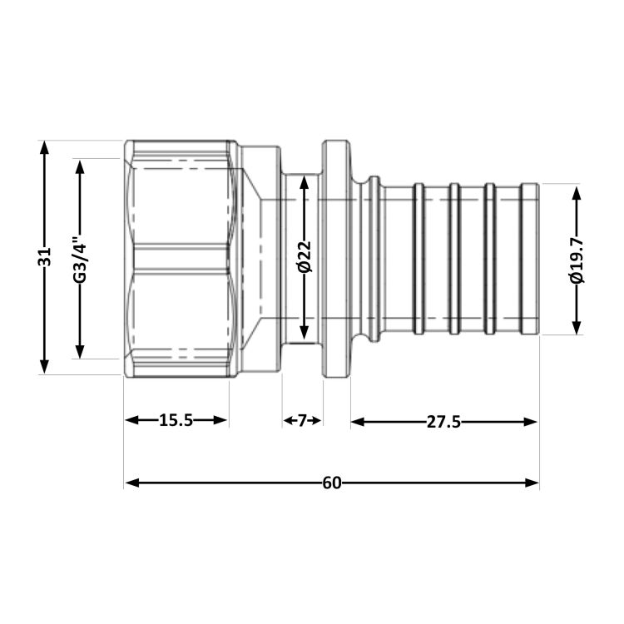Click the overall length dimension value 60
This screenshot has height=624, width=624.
coord(332,483)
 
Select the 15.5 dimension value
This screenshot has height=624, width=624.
coord(176,420)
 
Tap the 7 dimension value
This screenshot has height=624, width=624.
coord(303,420)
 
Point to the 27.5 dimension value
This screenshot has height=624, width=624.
coord(443,422)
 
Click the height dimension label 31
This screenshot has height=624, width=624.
coord(45,257)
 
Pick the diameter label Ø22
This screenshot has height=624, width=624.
coord(305,257)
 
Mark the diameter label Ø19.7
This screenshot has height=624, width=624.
coord(577,260)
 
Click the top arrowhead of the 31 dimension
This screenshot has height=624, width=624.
coord(45,147)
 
